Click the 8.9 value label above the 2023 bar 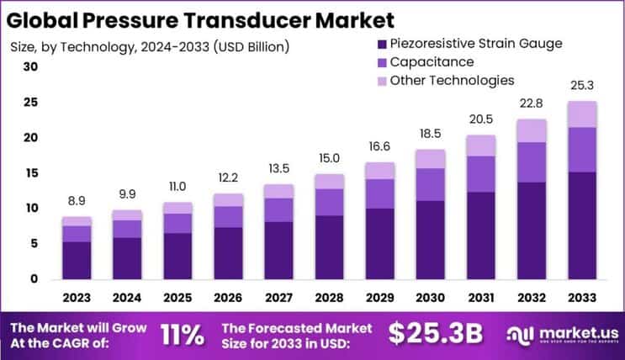point(76,202)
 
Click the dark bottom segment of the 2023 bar point(76,260)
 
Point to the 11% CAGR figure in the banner point(181,334)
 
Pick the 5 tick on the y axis point(34,244)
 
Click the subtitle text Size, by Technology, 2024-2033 point(147,46)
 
